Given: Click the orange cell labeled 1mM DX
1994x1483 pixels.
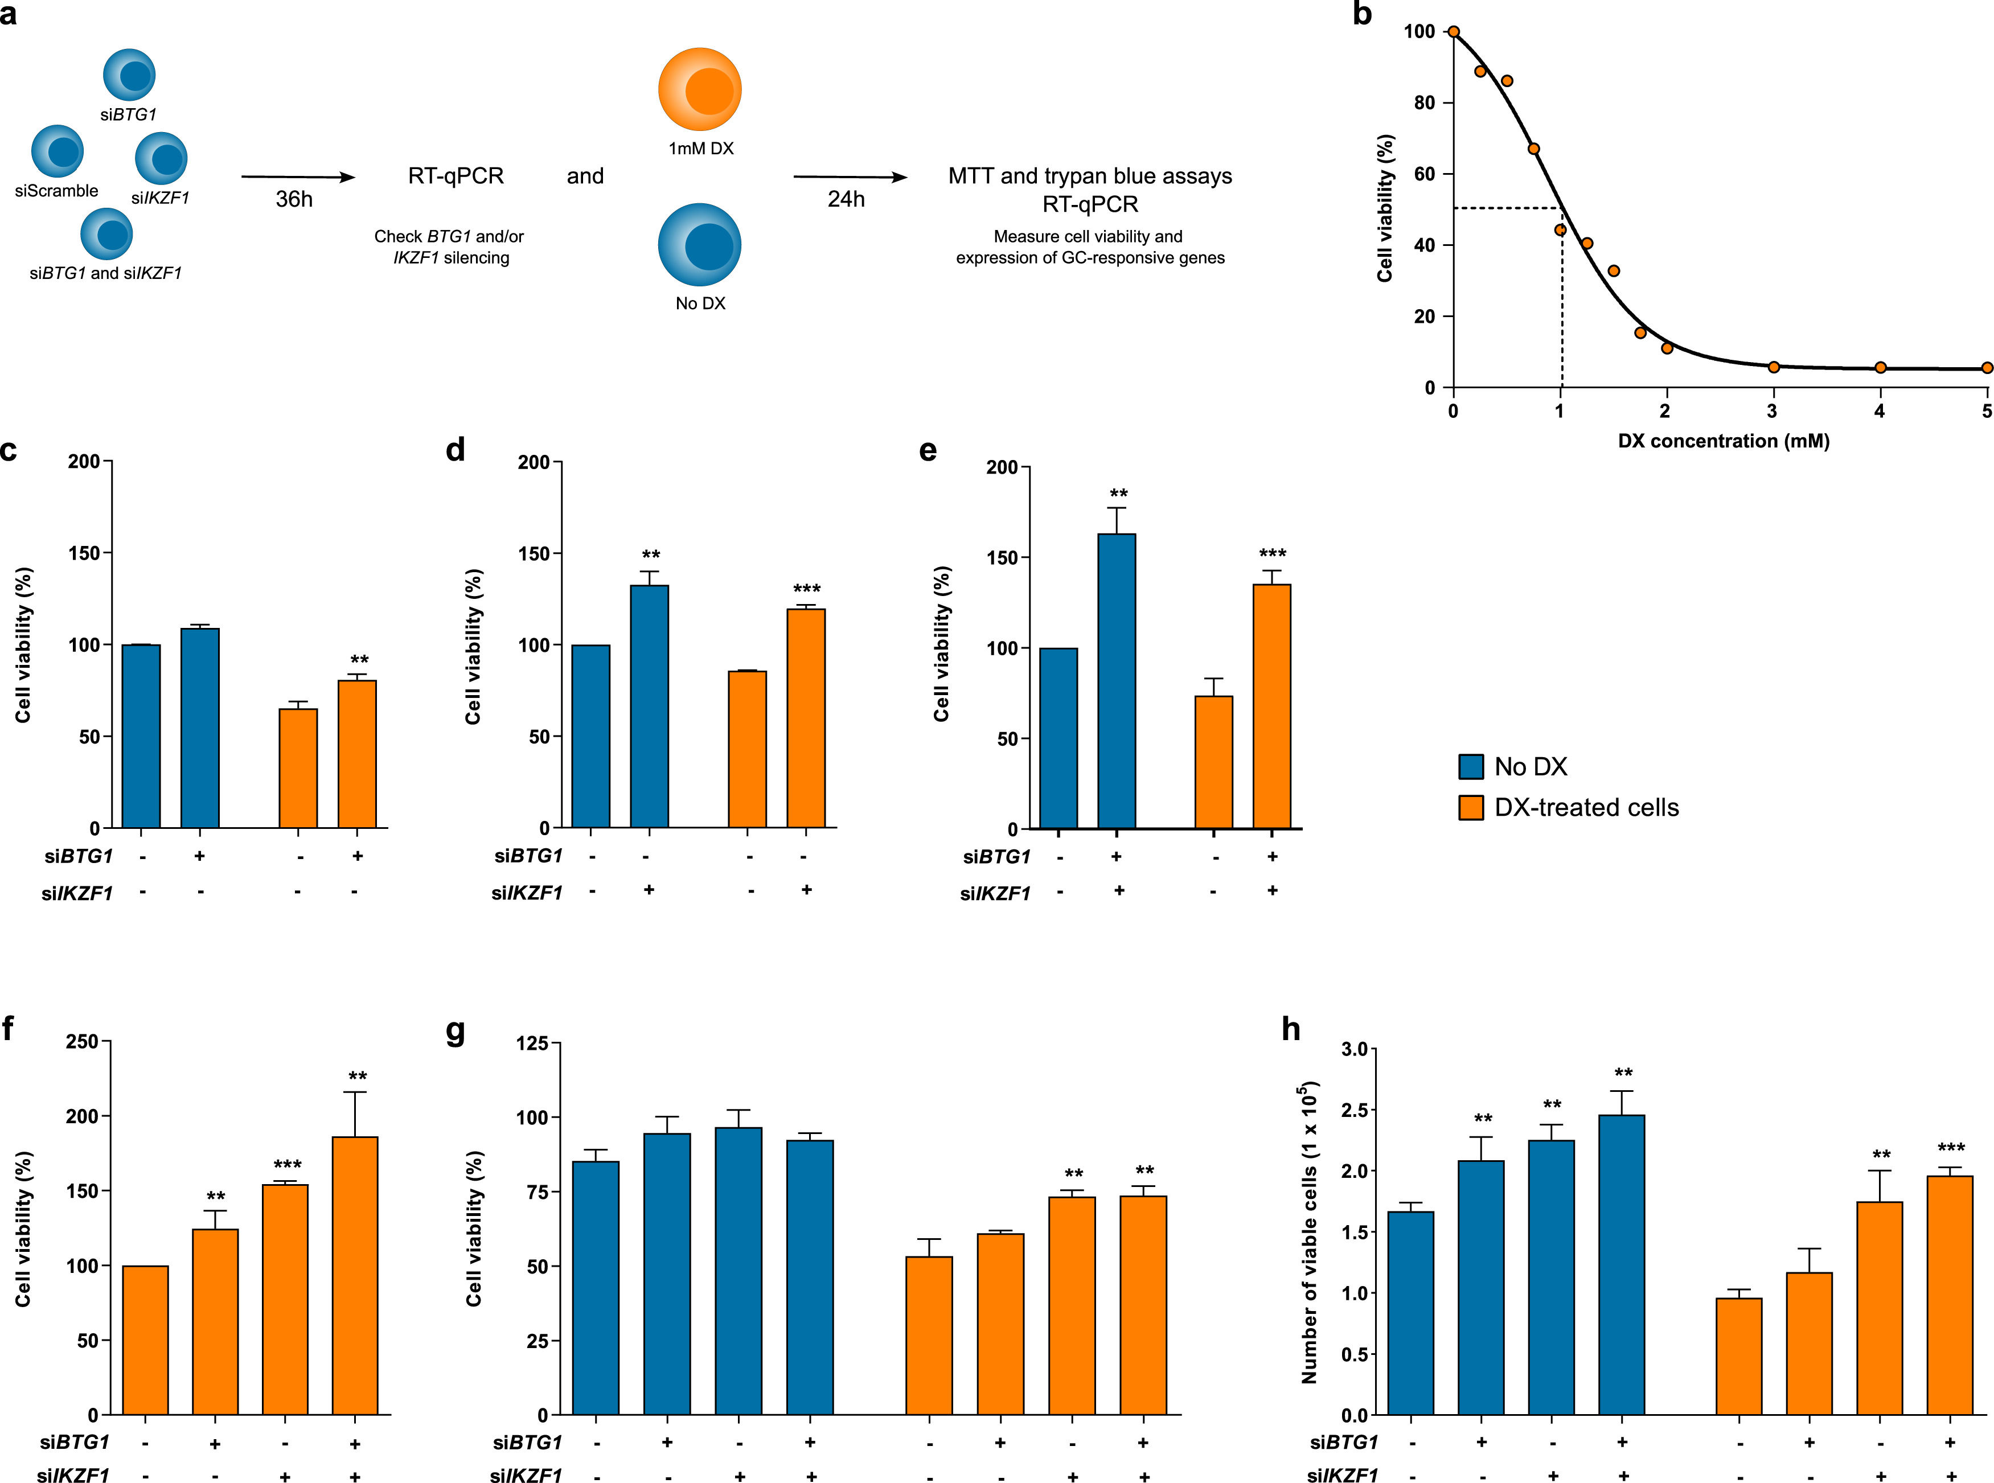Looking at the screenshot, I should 699,90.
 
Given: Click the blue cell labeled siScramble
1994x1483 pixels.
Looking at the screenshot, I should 58,151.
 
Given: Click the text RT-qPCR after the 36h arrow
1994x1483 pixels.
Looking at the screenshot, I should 456,176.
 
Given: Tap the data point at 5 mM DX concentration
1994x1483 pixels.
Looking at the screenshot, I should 1986,367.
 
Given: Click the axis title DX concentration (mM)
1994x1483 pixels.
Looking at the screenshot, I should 1723,441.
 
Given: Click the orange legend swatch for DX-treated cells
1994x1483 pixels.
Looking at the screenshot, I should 1471,807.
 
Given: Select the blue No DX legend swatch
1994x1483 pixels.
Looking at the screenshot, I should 1471,767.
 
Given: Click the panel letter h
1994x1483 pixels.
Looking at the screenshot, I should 1291,1029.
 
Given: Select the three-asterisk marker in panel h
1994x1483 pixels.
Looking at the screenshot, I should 1950,1148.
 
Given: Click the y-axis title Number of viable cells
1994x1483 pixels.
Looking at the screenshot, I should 1309,1234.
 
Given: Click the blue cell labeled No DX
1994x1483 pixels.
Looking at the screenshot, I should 699,245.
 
